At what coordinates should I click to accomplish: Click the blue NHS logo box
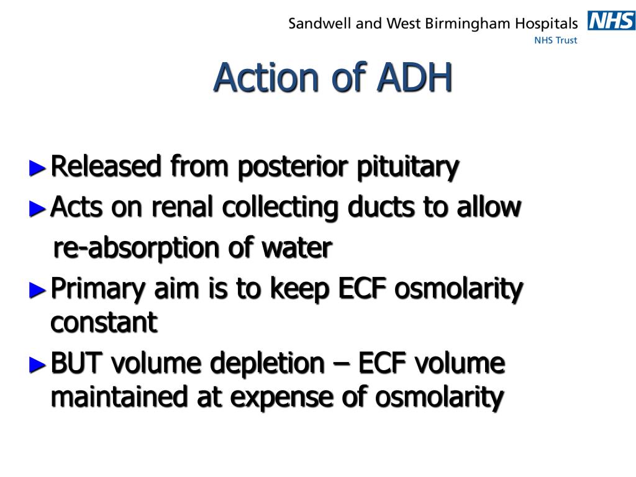(611, 22)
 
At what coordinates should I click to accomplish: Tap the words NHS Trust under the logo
(556, 40)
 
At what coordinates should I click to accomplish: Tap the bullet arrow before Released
(38, 167)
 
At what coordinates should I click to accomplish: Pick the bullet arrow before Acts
(38, 208)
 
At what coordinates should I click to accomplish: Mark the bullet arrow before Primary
(38, 289)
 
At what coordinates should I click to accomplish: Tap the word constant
(104, 323)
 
